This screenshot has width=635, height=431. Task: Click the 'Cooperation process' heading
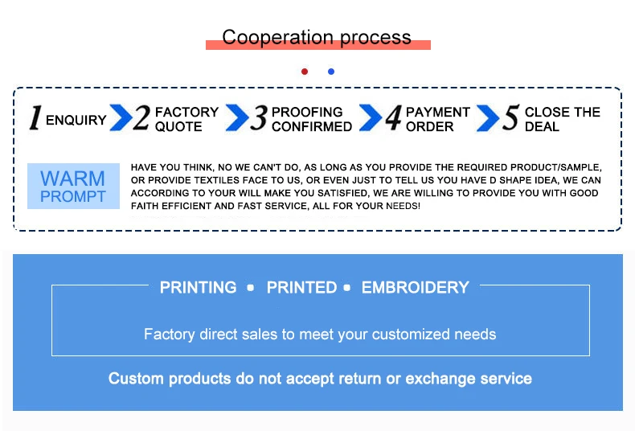[317, 38]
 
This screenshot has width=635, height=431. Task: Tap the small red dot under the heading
[305, 72]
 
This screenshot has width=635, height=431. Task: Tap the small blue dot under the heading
[330, 72]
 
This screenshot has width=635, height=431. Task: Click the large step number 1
[35, 118]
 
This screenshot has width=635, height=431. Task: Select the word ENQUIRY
[76, 121]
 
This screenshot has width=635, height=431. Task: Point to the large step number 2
[141, 118]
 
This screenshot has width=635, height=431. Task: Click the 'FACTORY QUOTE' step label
[186, 119]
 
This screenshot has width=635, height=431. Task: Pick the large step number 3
[258, 118]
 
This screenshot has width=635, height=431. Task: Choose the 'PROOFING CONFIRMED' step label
[312, 119]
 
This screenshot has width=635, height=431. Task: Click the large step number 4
[392, 118]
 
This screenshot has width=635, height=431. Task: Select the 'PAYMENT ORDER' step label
[437, 119]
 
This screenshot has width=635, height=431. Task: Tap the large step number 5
[510, 118]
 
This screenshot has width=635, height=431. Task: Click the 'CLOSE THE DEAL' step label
[563, 119]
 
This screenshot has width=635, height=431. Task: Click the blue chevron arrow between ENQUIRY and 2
[121, 118]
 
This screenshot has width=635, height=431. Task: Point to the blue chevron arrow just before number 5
[488, 118]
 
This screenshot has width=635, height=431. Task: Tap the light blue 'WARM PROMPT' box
[73, 186]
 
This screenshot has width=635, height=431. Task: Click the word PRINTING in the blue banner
[198, 287]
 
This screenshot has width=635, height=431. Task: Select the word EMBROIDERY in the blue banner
[415, 287]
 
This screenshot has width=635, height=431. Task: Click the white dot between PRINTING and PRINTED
[251, 288]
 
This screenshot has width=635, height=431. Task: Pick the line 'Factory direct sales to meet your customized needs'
[320, 334]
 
